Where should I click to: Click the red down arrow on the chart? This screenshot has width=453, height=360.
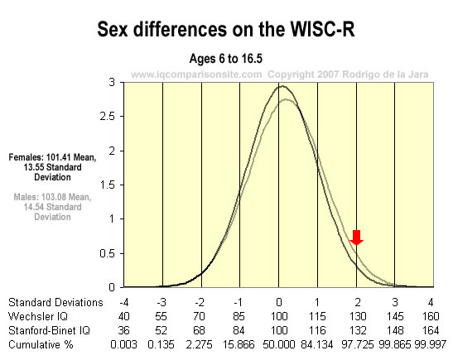[357, 238]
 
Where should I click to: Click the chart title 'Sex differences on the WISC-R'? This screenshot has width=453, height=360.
[226, 29]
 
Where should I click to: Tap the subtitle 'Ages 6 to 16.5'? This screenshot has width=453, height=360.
[226, 59]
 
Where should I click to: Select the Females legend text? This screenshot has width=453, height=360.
[52, 167]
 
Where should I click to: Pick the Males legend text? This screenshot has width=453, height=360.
[52, 207]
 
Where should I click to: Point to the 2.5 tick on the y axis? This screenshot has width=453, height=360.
[108, 117]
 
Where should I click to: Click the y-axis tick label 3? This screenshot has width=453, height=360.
[112, 83]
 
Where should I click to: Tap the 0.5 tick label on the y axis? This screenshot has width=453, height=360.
[108, 253]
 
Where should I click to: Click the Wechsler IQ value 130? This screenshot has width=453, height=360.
[358, 316]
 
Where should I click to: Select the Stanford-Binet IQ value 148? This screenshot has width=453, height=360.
[395, 330]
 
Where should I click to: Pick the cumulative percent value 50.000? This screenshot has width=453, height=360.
[279, 344]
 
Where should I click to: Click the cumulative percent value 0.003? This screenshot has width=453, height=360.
[123, 344]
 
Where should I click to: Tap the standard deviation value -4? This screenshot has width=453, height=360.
[123, 303]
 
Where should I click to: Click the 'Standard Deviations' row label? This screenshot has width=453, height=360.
[55, 302]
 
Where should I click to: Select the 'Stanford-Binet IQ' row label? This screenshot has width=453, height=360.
[49, 330]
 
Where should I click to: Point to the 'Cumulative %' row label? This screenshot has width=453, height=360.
[41, 344]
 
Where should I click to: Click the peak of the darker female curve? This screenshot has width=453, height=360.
[282, 86]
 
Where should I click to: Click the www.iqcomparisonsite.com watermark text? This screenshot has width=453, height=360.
[196, 74]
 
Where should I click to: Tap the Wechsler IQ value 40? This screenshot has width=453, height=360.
[123, 316]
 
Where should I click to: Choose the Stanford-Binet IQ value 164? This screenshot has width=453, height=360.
[431, 330]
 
